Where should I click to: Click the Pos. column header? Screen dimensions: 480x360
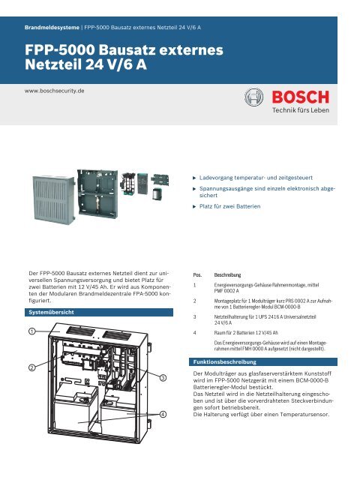[198, 274]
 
